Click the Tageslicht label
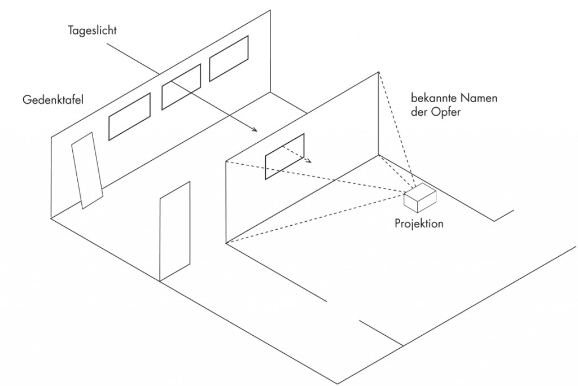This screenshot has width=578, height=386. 92,30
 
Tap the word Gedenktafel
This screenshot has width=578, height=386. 53,99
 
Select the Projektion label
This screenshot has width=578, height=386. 419,223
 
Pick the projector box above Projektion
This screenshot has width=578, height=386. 420,198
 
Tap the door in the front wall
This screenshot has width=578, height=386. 175,231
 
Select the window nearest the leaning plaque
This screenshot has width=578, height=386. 129,116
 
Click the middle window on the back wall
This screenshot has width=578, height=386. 181,87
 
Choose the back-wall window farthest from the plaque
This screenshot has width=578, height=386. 229,58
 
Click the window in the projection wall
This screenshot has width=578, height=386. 284,157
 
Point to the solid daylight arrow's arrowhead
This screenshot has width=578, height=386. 255,129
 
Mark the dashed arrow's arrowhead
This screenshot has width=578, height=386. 309,160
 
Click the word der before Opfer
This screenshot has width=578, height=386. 418,111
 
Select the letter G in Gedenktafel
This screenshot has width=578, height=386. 27,99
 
